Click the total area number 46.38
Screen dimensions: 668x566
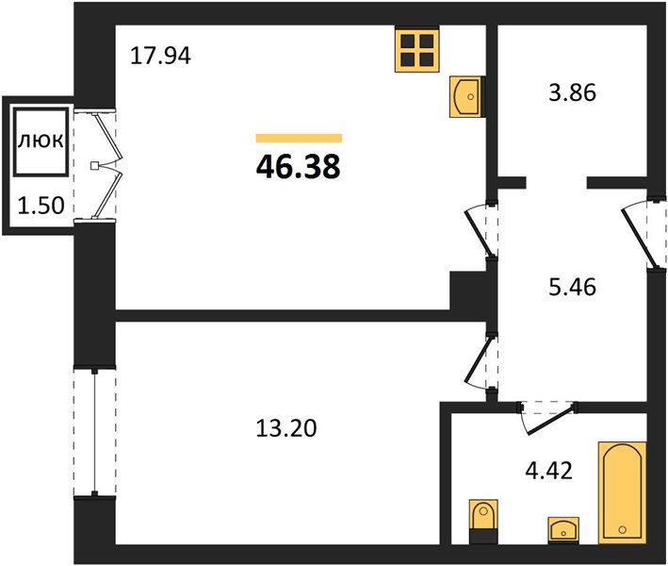(299, 166)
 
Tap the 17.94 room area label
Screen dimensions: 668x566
(160, 56)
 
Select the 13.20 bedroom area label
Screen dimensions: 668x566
(286, 428)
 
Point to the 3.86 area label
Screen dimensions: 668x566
(572, 92)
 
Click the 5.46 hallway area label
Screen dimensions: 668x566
(572, 287)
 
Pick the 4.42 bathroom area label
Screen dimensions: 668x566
(548, 471)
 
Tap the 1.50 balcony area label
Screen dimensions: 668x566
(41, 206)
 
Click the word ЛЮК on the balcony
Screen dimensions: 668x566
(41, 141)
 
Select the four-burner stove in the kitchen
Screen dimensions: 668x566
(416, 49)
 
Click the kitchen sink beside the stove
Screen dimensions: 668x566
(467, 97)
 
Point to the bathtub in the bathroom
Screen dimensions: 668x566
(623, 492)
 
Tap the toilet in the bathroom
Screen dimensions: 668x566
(483, 522)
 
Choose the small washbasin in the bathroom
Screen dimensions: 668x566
(563, 530)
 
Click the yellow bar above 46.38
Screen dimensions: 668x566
(299, 138)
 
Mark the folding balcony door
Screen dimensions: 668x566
(106, 165)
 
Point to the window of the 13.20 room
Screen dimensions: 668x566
(94, 432)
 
